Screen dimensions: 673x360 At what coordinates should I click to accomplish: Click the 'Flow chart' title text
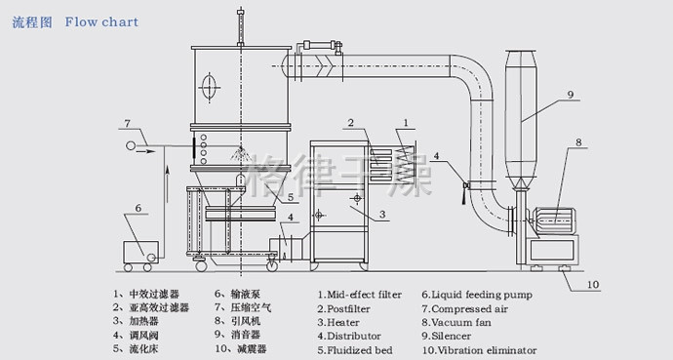[101, 21]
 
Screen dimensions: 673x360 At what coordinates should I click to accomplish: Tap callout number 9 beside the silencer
[571, 95]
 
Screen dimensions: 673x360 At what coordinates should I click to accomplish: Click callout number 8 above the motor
[578, 142]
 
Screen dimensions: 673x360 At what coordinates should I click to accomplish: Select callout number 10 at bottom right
[593, 285]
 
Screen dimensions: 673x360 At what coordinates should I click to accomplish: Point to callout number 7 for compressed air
[127, 124]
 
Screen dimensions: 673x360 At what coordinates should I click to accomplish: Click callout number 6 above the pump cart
[139, 208]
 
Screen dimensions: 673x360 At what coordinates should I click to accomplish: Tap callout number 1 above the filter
[406, 123]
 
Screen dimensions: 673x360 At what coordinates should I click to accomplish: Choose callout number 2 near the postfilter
[351, 123]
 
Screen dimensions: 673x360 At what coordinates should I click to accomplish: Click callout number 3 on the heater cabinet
[382, 214]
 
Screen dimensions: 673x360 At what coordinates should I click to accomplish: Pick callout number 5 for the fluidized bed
[291, 197]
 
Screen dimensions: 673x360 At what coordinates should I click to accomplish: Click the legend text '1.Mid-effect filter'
[360, 295]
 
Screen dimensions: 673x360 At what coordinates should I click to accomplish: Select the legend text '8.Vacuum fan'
[456, 322]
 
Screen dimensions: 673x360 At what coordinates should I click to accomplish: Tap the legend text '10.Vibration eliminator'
[479, 350]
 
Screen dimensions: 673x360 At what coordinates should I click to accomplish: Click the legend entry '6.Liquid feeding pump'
[477, 295]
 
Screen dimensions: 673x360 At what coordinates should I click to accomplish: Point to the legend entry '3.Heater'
[338, 322]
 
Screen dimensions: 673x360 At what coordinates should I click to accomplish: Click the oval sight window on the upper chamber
[209, 88]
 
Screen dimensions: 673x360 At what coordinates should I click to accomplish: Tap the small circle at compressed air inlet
[131, 146]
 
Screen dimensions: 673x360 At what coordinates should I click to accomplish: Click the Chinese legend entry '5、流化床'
[136, 348]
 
